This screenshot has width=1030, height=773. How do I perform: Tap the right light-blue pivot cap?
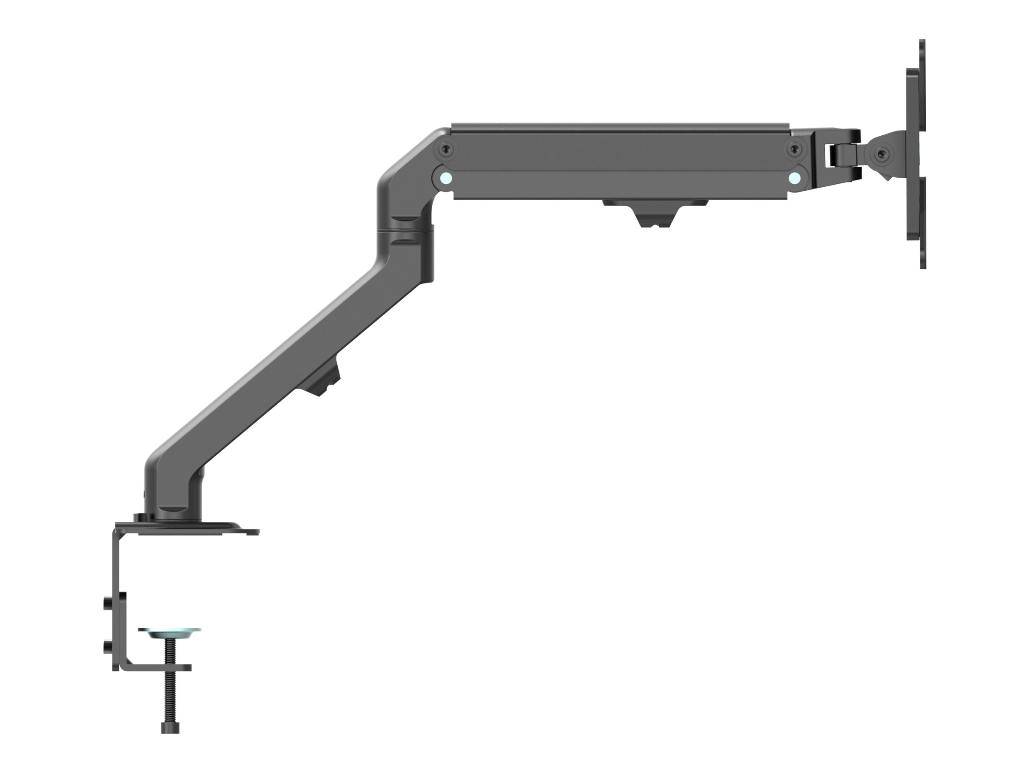click(795, 177)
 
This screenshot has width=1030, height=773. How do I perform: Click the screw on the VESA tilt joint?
click(880, 154)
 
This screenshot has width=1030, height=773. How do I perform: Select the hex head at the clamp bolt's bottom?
click(170, 727)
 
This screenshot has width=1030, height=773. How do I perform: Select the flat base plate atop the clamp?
click(196, 528)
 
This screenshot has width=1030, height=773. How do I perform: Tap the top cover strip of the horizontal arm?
click(619, 127)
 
